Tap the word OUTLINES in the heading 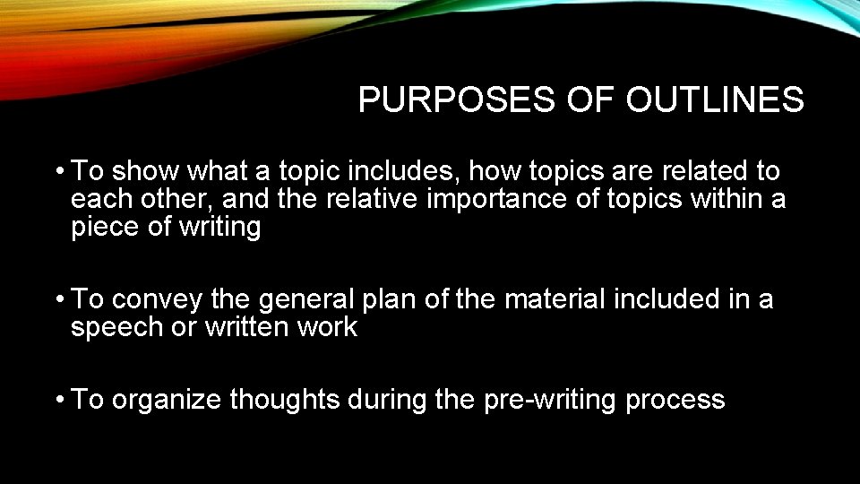(x=715, y=100)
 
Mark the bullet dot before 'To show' (x=57, y=171)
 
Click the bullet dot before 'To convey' (x=57, y=299)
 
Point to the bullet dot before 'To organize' (x=57, y=400)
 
